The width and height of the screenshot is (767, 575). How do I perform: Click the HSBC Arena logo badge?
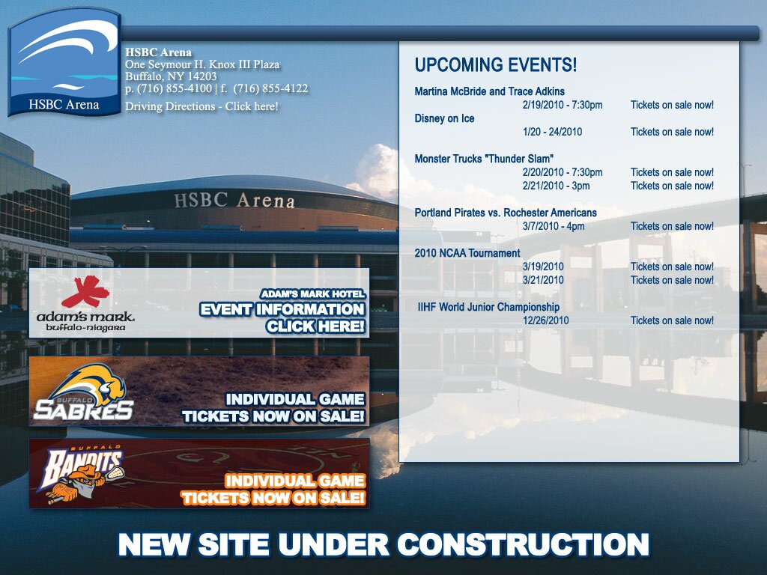click(64, 62)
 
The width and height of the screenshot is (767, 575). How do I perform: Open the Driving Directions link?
click(201, 106)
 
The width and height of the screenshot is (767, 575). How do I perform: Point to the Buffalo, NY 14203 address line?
click(171, 76)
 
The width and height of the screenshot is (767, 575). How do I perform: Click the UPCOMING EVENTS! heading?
click(496, 64)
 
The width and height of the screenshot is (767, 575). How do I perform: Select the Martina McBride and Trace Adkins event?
click(489, 91)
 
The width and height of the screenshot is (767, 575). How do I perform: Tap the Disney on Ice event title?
click(444, 118)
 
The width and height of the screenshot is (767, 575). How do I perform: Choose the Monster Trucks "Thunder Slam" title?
click(484, 159)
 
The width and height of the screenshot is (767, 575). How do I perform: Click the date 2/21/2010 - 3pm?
click(556, 186)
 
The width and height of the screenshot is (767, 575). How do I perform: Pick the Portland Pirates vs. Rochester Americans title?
click(506, 213)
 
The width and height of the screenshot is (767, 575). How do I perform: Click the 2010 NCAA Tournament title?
click(467, 253)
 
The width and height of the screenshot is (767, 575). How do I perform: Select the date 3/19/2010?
click(543, 267)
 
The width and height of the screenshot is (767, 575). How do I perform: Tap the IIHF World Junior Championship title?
click(488, 307)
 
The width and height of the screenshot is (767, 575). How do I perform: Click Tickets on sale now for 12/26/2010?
click(672, 320)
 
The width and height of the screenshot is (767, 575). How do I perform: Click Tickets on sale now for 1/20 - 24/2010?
click(672, 132)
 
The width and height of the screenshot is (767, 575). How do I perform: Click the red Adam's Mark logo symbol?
click(85, 291)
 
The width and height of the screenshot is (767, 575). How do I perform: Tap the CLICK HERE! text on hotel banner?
click(315, 326)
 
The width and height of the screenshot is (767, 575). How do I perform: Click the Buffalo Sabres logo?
click(84, 392)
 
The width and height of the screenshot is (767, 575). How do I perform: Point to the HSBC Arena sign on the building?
click(234, 201)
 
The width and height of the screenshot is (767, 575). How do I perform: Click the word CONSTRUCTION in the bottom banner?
click(523, 544)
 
